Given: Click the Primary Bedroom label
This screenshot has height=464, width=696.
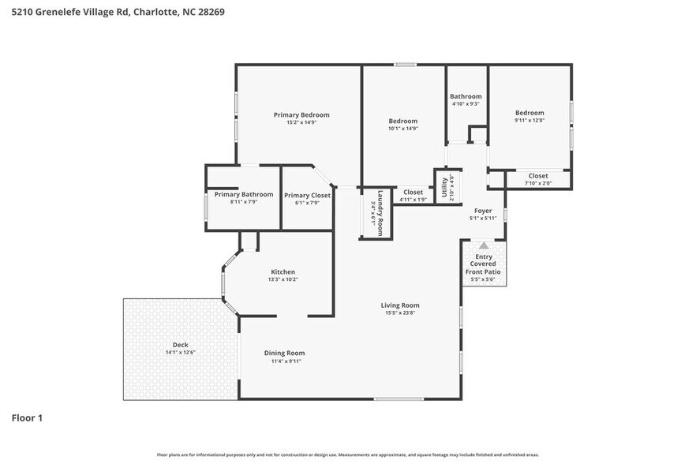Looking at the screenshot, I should tap(301, 115).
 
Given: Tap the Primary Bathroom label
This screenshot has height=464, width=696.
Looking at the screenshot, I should tap(243, 194).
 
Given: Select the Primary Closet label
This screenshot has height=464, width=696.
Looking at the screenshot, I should tap(307, 195).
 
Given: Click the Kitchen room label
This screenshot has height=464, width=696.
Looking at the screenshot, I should tap(283, 272).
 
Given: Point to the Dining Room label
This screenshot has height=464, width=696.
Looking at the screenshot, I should tap(284, 353).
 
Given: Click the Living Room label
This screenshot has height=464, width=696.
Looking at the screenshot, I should tap(400, 305).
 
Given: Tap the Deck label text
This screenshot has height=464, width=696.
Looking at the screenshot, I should tap(180, 345).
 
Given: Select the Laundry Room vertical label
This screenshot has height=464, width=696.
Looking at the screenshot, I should tap(379, 213).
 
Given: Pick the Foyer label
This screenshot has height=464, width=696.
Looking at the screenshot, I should tap(483, 211).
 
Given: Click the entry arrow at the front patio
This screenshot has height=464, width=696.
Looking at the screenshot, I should tap(484, 245).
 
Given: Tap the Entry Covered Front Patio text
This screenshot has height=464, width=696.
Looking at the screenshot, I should tap(483, 264).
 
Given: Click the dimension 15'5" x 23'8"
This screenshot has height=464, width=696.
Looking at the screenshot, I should tap(400, 313).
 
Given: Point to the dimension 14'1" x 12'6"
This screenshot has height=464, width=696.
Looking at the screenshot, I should tap(180, 353).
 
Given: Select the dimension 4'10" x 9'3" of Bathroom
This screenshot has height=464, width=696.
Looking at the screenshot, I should tap(466, 104).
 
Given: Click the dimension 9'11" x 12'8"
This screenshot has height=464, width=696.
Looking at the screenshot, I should tap(529, 121).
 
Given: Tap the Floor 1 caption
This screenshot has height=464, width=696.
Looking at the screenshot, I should tap(27, 417).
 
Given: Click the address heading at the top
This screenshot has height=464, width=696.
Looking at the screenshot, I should tap(113, 12).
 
